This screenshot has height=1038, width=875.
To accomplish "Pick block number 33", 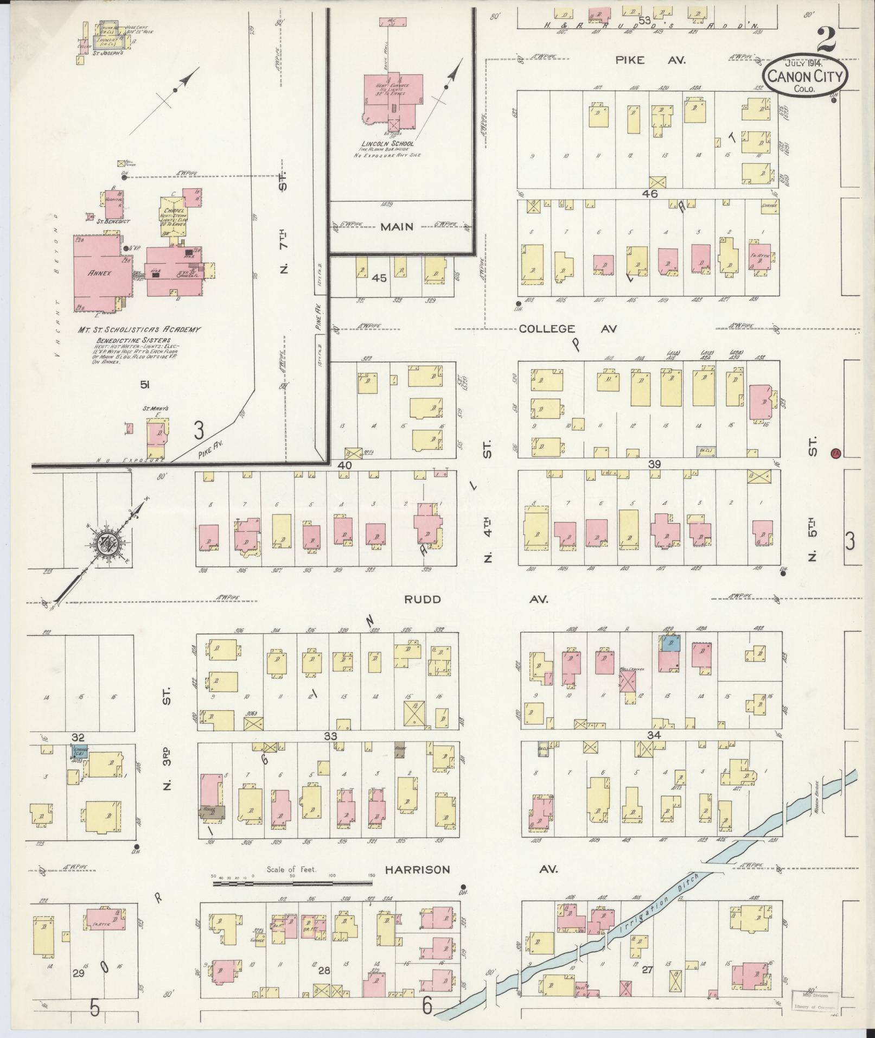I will point(330,735).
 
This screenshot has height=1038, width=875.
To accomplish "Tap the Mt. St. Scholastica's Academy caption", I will point(139,329).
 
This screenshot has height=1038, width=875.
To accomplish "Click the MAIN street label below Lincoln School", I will point(397,227).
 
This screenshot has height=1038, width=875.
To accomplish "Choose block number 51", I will point(145,385).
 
